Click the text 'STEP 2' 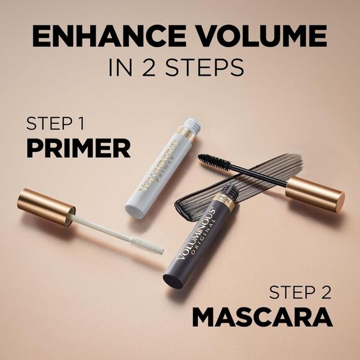[300, 292]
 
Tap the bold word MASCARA [262, 317]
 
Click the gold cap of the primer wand [44, 206]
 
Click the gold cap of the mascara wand [314, 192]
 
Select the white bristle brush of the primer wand [146, 244]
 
